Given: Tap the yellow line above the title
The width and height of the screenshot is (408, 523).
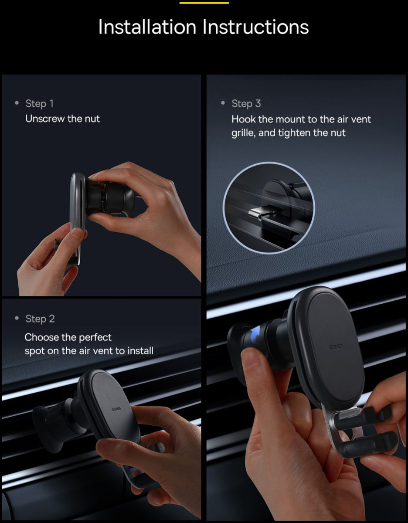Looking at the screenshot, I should tap(204, 3).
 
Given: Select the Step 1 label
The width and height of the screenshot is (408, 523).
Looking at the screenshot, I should tap(39, 103).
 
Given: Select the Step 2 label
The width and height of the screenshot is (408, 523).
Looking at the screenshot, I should tap(40, 319).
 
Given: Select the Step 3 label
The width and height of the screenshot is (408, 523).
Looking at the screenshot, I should tap(246, 103).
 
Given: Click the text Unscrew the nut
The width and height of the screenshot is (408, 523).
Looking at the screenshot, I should tap(62, 119).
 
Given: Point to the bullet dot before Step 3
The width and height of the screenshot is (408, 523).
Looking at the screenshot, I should tap(223, 103).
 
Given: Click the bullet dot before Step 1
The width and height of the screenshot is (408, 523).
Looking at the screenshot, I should tap(17, 103).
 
